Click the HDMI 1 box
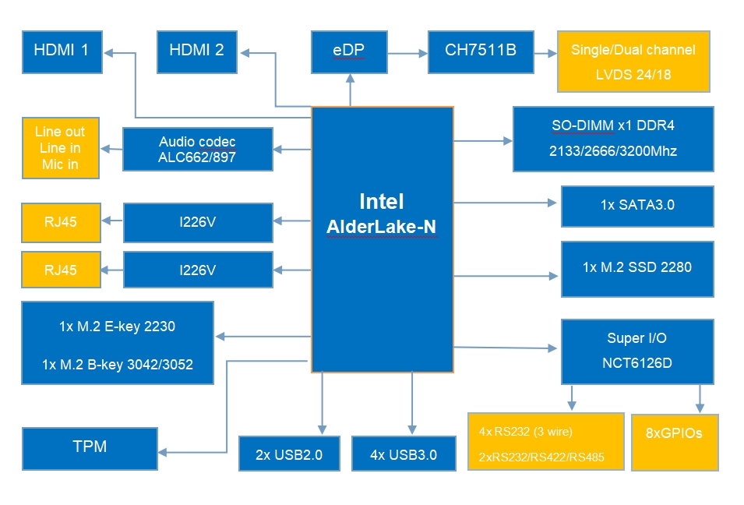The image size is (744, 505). tap(62, 52)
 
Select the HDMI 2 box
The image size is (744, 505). tap(196, 52)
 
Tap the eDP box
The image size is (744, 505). tap(348, 52)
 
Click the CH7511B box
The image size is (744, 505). tap(481, 52)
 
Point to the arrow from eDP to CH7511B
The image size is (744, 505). tap(407, 53)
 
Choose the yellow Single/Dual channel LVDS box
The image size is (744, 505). tap(633, 62)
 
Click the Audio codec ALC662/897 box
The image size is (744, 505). tap(198, 150)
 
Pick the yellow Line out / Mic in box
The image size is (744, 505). tap(61, 148)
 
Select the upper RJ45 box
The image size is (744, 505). tap(61, 222)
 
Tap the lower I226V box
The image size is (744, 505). tap(198, 270)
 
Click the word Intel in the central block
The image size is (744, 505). tap(382, 201)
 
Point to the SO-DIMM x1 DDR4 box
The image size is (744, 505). tap(613, 139)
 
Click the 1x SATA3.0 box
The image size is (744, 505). tap(636, 206)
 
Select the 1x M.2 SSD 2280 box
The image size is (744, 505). tap(636, 268)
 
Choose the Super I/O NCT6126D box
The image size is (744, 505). tap(636, 351)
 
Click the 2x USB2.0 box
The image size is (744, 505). tap(289, 454)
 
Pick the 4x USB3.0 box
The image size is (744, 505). tap(403, 454)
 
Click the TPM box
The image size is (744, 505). tap(90, 448)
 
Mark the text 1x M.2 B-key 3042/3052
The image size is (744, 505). tap(118, 364)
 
